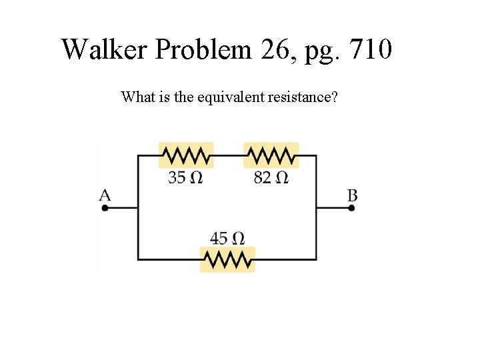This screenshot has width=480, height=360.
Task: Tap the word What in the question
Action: pos(139,97)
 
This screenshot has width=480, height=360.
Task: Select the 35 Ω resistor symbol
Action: pos(186,156)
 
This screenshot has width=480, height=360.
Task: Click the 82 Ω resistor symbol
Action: pos(271,156)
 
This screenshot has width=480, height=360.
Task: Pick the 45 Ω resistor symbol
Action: pos(227,259)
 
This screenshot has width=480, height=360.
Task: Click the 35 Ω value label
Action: pos(185,178)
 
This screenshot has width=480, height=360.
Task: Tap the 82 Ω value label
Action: pos(271,178)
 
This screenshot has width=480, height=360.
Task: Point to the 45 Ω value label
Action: pos(227,238)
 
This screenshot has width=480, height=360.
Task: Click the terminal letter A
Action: pos(105,195)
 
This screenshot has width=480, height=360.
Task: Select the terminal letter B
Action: pos(352,195)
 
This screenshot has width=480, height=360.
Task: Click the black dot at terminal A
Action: pos(105,208)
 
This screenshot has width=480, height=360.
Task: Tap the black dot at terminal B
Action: pos(352,208)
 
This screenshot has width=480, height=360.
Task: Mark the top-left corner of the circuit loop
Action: pos(138,156)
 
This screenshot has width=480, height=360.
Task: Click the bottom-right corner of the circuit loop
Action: pos(316,259)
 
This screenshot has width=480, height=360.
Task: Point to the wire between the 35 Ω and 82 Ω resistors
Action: pos(229,156)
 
